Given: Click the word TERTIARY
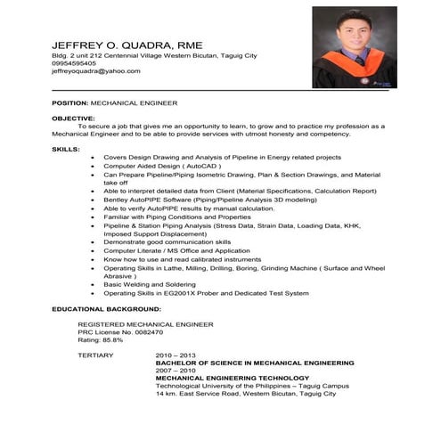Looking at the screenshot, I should tap(95, 355).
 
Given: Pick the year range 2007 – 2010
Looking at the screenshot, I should tap(176, 370).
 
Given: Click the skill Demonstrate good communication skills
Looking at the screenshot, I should tap(167, 241).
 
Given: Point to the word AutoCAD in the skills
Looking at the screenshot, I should tap(198, 166).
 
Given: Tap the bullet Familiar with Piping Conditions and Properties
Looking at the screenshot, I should tap(177, 216).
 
